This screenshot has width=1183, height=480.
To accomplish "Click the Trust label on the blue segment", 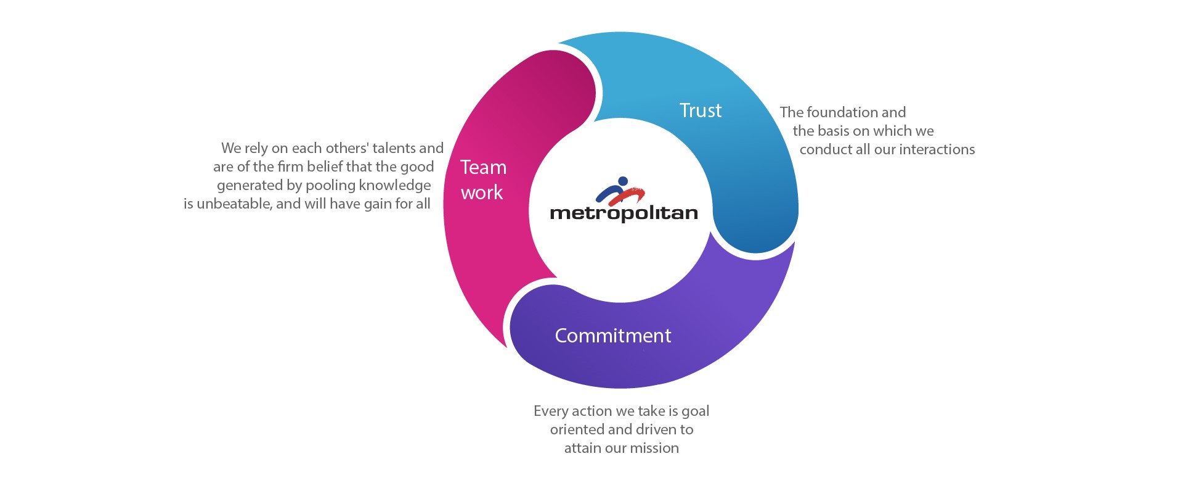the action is click(x=700, y=110).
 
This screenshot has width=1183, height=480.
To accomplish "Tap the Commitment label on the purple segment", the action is click(x=613, y=336).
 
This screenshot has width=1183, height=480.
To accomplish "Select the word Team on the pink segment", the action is click(x=484, y=167).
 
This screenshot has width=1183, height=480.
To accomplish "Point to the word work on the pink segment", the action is click(x=482, y=192).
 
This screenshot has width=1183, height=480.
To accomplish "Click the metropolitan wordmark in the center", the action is click(x=624, y=213).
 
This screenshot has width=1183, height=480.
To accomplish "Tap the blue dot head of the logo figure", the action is click(x=622, y=181).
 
